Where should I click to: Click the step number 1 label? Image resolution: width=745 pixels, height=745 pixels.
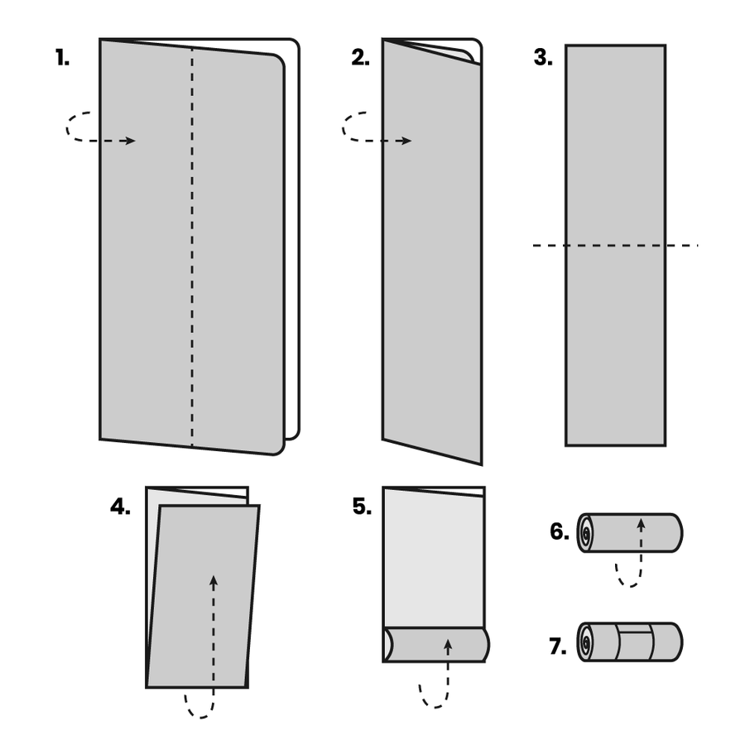[62, 58]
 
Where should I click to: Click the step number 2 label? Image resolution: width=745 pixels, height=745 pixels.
[360, 58]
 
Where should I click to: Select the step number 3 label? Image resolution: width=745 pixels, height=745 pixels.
[543, 58]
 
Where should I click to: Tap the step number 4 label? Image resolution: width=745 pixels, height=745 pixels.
[120, 507]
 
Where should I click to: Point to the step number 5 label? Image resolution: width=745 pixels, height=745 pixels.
[362, 507]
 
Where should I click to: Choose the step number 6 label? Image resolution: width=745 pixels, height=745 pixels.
[560, 531]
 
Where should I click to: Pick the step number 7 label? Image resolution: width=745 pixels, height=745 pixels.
[559, 646]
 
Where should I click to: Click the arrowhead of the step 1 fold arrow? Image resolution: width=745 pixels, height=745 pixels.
[129, 141]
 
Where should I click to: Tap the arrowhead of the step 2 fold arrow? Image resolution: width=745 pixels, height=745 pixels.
[405, 141]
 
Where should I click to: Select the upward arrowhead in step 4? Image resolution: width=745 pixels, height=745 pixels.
[214, 580]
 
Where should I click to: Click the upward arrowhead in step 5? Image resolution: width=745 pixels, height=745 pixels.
[448, 643]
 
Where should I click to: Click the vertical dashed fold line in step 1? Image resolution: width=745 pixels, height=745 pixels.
[192, 248]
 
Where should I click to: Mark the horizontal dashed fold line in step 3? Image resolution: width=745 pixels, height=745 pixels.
[615, 245]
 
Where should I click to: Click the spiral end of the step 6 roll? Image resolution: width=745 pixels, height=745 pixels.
[586, 533]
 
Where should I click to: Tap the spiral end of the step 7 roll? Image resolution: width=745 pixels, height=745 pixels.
[586, 642]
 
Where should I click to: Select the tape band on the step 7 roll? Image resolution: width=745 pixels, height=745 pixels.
[635, 642]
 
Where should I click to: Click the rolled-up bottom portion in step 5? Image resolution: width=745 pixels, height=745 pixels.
[435, 645]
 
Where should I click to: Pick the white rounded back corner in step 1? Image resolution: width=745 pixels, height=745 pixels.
[291, 50]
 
